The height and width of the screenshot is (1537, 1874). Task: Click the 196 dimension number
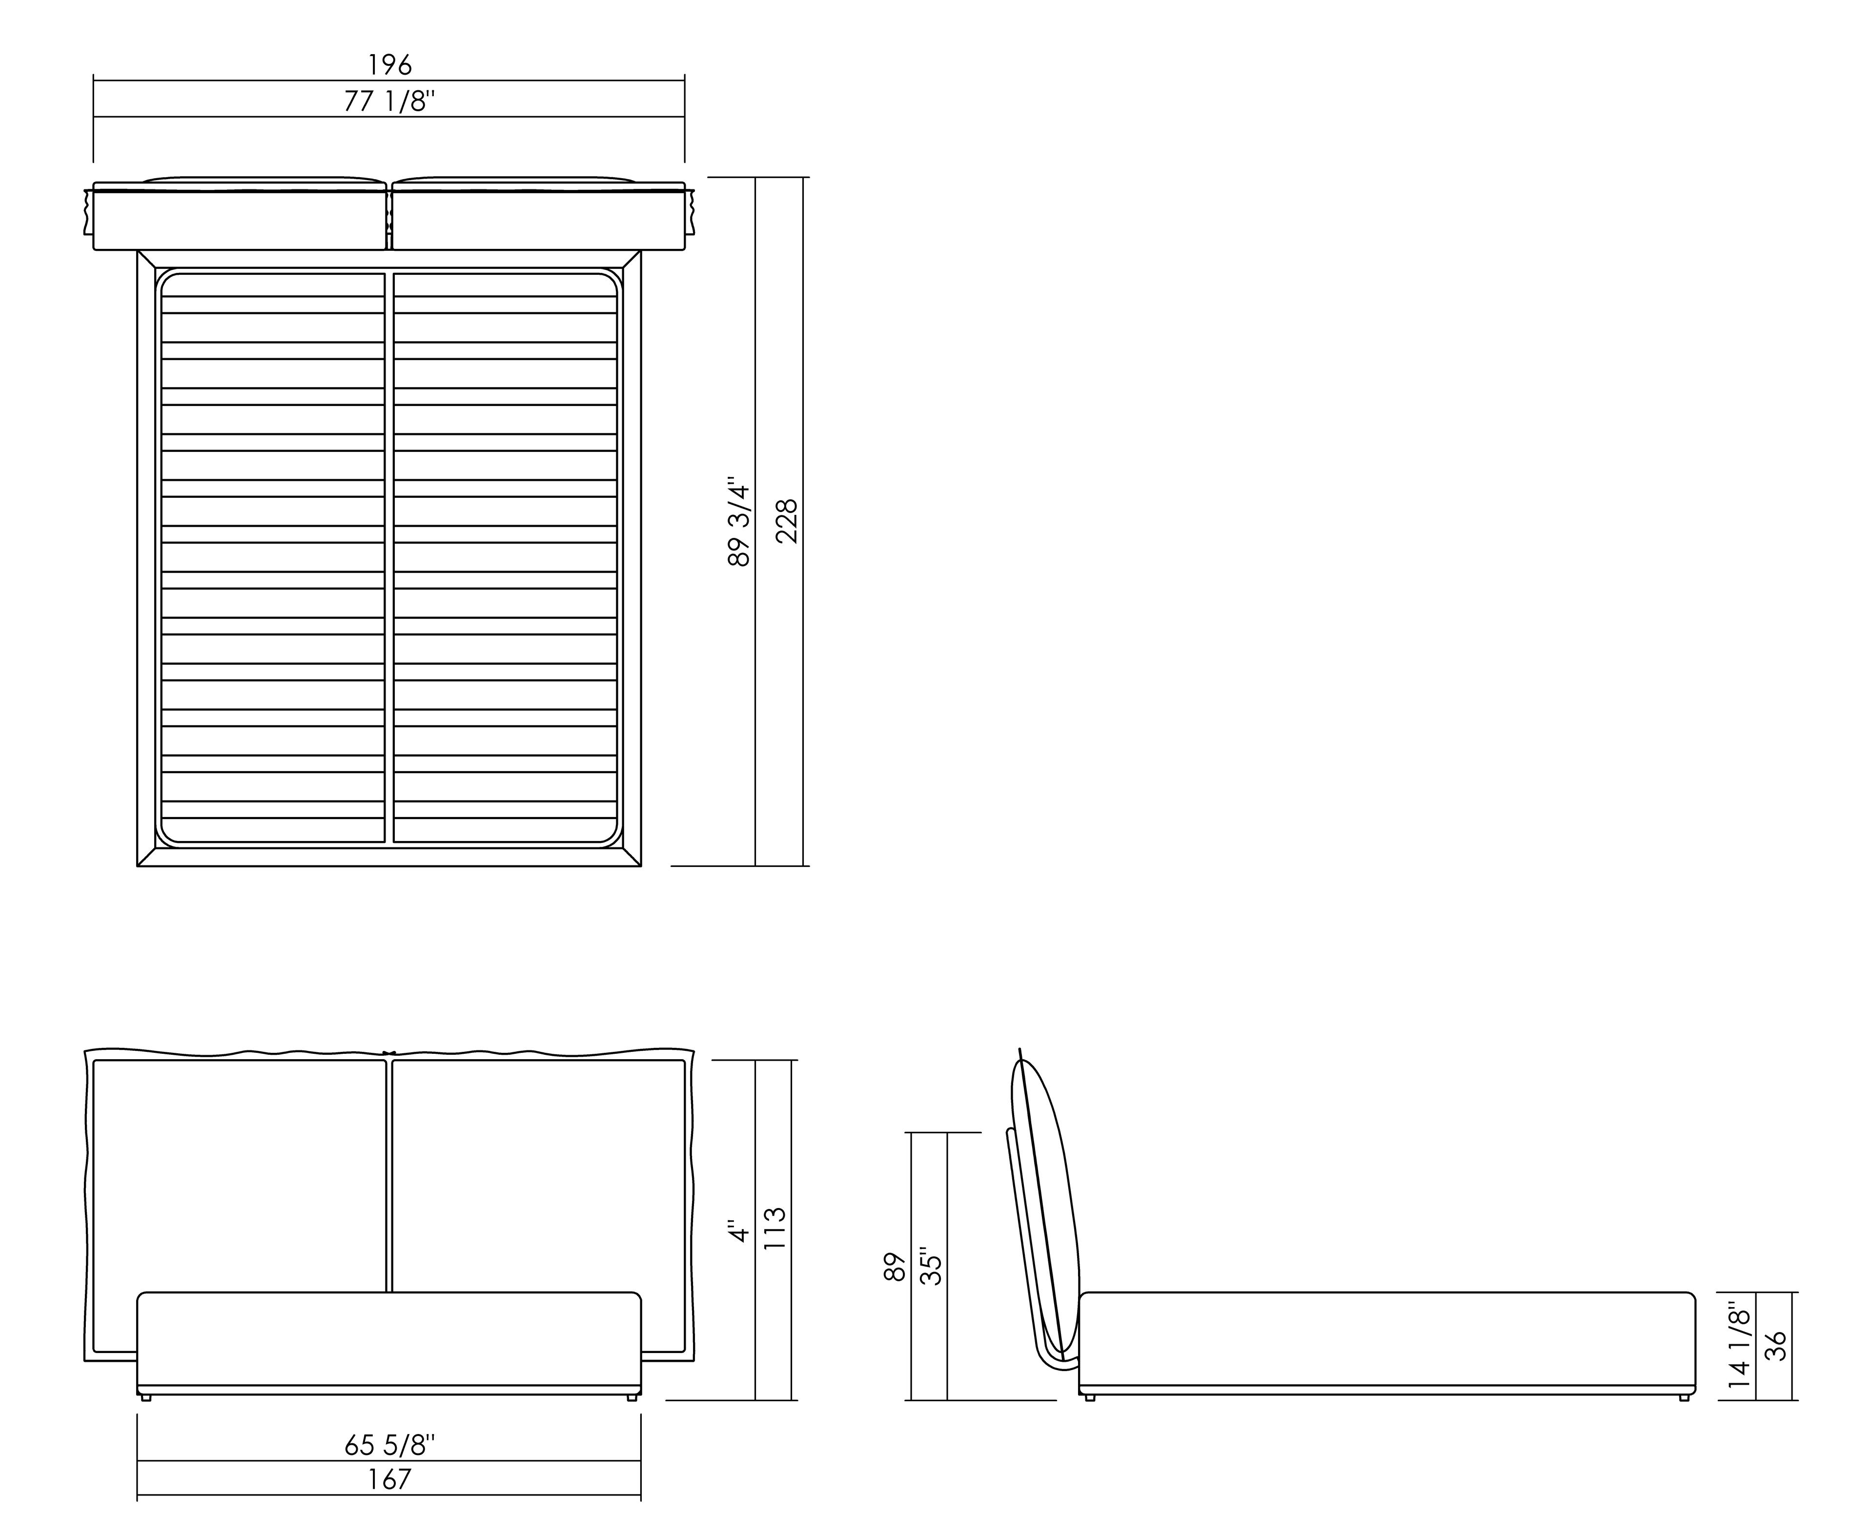click(x=389, y=64)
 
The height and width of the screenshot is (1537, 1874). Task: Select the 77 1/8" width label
click(x=389, y=102)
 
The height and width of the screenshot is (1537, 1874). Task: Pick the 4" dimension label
click(x=738, y=1231)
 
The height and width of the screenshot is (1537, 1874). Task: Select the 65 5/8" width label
click(x=389, y=1446)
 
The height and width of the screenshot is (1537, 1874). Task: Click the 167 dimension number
click(x=389, y=1479)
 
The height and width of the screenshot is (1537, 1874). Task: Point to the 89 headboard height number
click(x=895, y=1266)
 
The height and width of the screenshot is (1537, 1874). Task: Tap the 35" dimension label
click(x=931, y=1266)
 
